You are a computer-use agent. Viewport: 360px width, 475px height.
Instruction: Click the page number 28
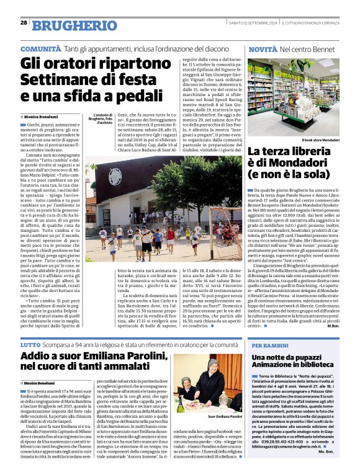pyautogui.click(x=24, y=22)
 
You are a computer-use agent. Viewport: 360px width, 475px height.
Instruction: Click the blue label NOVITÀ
pyautogui.click(x=262, y=48)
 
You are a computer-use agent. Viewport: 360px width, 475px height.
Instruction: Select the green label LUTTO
pyautogui.click(x=31, y=343)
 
